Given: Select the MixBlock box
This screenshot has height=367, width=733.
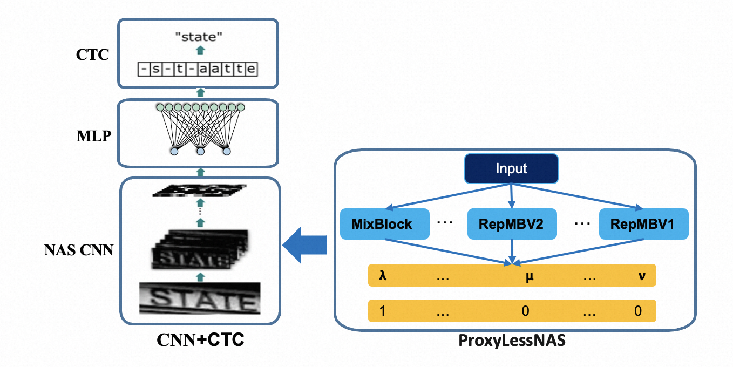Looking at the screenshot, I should (x=384, y=223).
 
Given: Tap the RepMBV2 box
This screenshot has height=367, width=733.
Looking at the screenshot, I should (x=511, y=223).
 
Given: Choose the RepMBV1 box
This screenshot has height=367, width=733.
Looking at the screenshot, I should (x=643, y=223).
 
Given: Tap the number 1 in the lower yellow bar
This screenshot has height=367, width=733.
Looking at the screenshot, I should (x=382, y=311).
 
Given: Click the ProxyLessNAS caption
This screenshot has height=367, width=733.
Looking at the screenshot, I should (x=511, y=341).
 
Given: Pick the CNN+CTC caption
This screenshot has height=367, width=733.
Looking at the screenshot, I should (x=200, y=339).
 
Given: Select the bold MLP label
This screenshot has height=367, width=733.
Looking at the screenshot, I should (x=94, y=135).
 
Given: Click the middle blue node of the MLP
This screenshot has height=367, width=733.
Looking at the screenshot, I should (x=200, y=152).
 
